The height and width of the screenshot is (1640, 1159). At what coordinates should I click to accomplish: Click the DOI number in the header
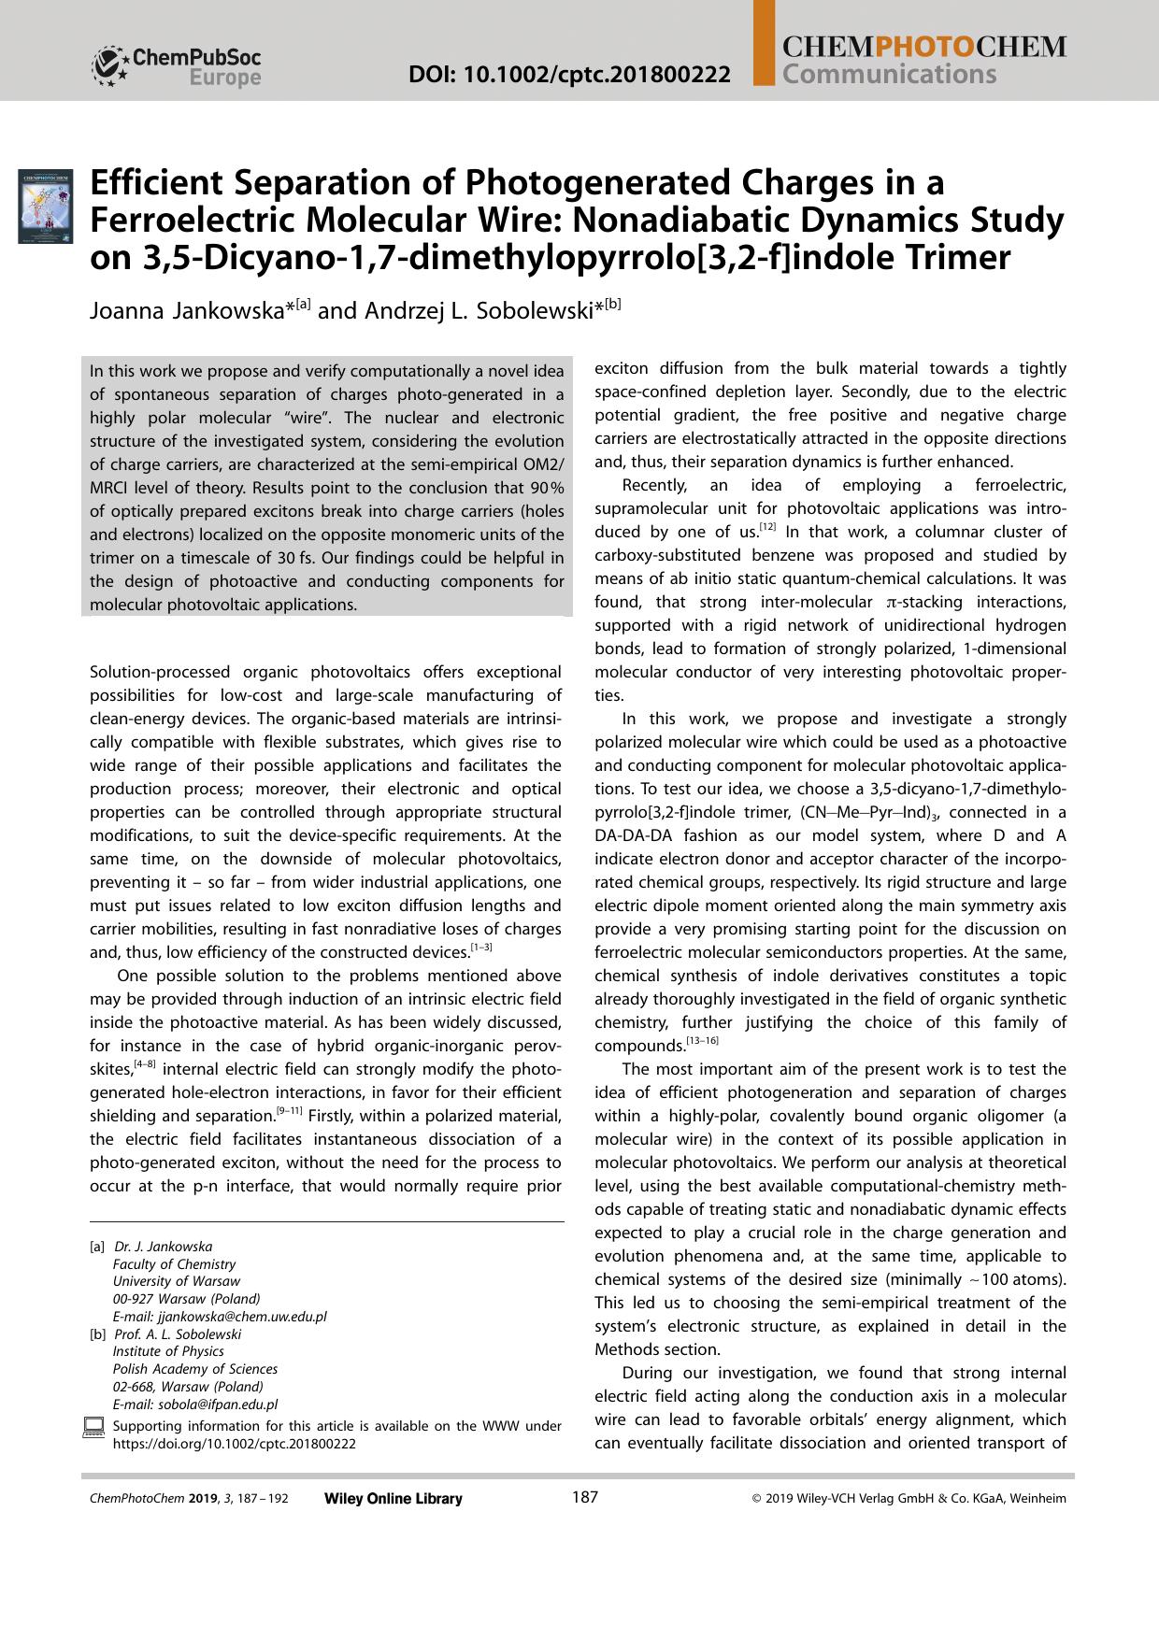569,74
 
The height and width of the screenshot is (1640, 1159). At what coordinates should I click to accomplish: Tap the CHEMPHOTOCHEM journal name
923,47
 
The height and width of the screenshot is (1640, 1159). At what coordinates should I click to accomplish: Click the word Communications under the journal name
889,74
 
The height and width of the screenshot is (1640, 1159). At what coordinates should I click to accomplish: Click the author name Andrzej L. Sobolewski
470,310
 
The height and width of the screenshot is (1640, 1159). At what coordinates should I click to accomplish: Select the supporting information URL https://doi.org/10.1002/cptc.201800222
234,1443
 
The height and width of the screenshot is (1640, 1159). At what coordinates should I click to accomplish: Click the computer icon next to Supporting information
93,1427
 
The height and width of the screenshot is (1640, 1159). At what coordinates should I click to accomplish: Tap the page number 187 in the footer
584,1497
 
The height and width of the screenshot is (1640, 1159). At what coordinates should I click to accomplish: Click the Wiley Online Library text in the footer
393,1499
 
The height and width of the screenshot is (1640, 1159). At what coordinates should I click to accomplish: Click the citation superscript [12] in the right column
767,528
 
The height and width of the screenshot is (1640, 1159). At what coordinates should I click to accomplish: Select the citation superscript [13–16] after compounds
702,1042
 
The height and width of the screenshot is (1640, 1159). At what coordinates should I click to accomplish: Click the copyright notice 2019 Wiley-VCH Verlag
909,1499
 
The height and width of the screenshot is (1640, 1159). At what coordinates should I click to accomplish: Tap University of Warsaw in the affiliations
176,1281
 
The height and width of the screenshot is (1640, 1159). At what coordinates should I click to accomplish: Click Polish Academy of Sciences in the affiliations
194,1369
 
